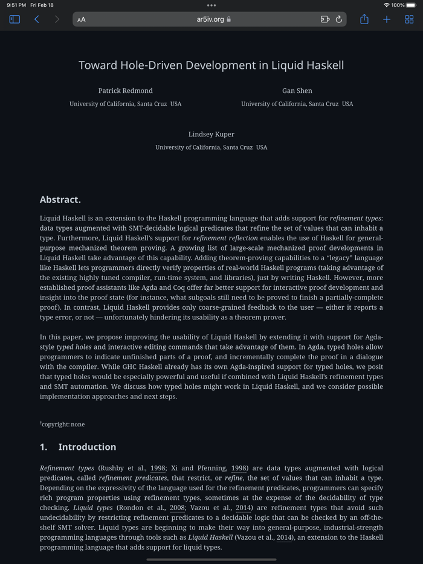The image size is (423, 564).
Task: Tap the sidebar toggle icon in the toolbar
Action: point(15,19)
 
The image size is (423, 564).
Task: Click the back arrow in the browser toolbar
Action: point(37,19)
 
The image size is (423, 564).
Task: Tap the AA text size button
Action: point(82,19)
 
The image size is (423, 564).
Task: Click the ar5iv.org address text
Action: point(210,19)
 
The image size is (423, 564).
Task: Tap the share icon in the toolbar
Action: point(364,19)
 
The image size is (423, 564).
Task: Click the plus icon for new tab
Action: point(387,19)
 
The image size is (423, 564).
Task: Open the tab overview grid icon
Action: point(409,19)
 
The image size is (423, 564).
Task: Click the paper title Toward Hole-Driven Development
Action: point(211,65)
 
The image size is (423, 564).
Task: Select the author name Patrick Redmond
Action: point(126,91)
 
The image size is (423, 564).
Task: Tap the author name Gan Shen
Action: point(297,91)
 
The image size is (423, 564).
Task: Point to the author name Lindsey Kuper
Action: point(211,134)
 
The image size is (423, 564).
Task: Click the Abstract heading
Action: point(60,200)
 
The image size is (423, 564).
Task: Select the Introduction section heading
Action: point(87,447)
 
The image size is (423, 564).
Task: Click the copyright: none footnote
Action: point(63,425)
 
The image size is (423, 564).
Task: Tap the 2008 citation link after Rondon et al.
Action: point(177,508)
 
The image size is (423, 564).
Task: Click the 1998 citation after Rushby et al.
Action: point(158,468)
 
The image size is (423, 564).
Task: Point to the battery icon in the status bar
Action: point(411,5)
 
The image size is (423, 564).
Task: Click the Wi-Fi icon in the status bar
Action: point(386,5)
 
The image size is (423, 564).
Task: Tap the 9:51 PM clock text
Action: point(16,5)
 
